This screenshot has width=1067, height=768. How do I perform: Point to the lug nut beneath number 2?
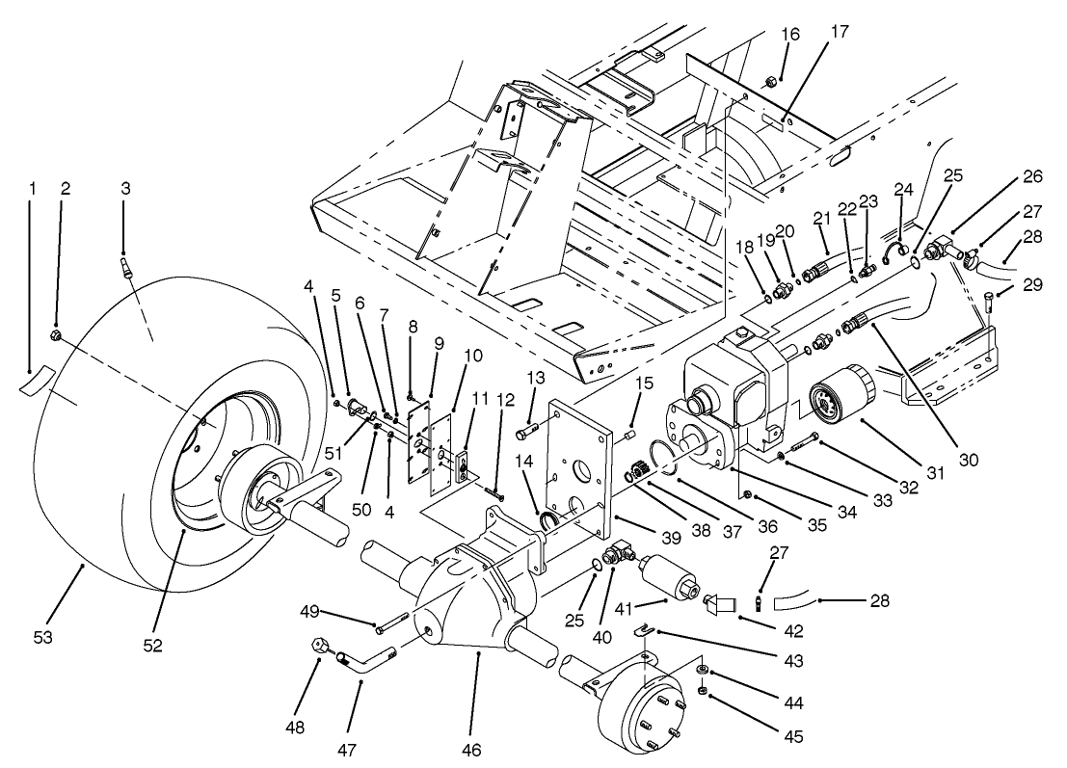tap(56, 336)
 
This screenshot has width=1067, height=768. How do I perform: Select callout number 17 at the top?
tap(839, 31)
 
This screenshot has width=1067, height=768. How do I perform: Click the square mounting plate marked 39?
tap(578, 463)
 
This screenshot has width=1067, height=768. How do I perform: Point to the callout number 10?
tap(471, 354)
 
